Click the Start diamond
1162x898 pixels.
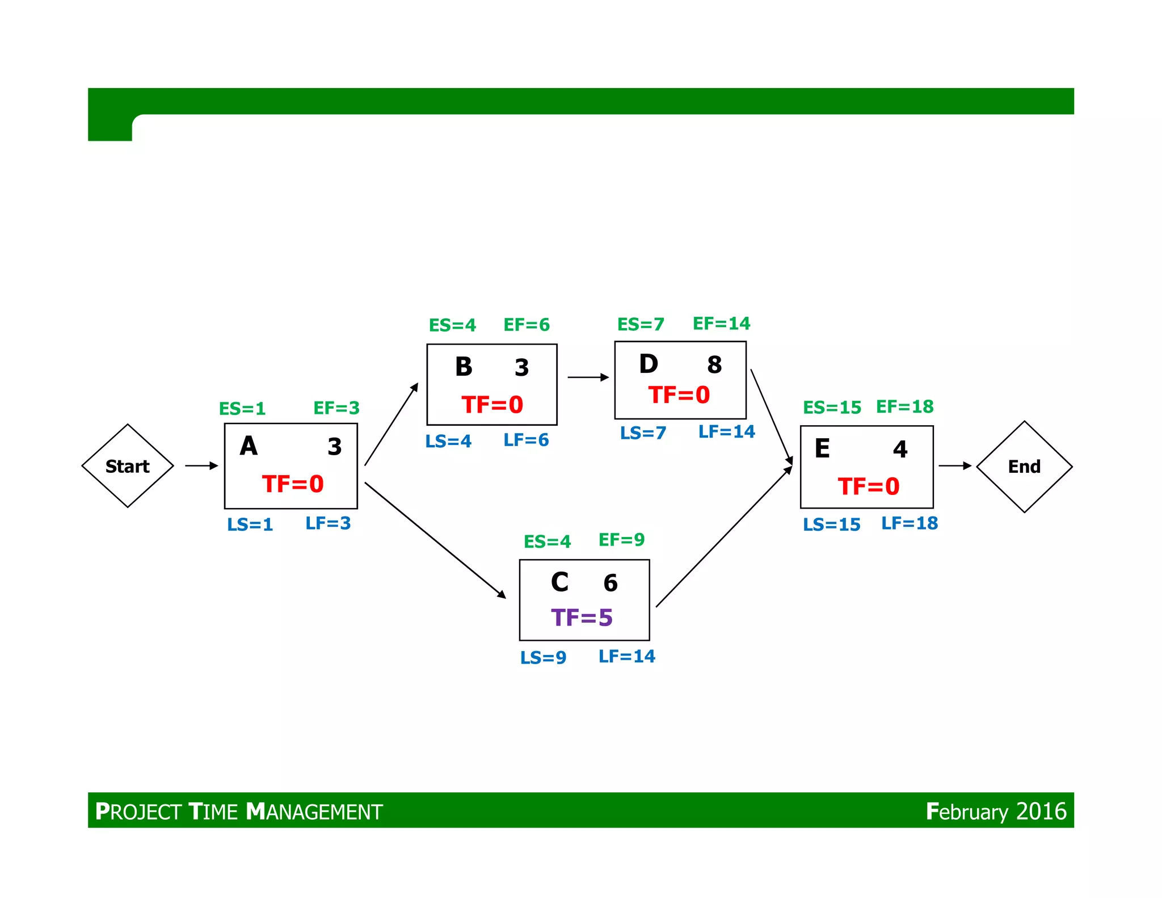tap(128, 466)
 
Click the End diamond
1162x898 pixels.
tap(1024, 467)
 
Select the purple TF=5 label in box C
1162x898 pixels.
tap(582, 618)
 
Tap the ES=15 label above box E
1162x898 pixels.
tap(832, 408)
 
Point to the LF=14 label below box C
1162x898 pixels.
tap(627, 657)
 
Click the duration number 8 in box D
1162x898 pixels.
tap(714, 365)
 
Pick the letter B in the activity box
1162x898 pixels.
tap(464, 367)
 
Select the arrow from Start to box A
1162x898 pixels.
tap(201, 466)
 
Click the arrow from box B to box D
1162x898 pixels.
tap(588, 377)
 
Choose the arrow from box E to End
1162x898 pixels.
tap(955, 466)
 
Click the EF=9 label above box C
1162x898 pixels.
tap(621, 540)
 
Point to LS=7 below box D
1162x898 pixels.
tap(643, 433)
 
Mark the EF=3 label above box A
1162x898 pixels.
tap(336, 408)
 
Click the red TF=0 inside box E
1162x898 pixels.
tap(869, 486)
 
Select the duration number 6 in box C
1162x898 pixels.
tap(611, 583)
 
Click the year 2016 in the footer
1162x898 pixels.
tap(1041, 812)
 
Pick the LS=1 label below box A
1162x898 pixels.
tap(250, 524)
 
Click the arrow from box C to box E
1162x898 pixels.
tap(724, 537)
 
